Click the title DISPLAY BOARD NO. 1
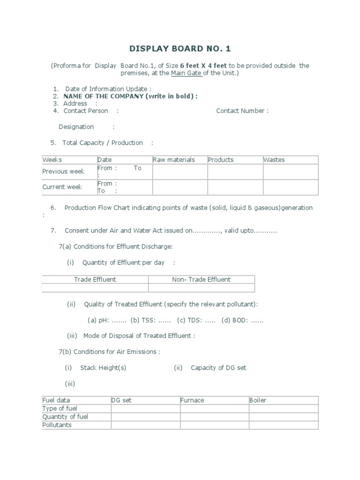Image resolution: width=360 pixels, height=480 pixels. (180, 49)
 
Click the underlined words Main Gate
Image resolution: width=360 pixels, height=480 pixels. (186, 74)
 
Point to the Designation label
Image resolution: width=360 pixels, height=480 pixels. (76, 127)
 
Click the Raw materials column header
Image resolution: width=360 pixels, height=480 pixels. (174, 160)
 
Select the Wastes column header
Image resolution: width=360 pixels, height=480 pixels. (274, 160)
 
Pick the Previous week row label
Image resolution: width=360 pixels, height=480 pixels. (64, 172)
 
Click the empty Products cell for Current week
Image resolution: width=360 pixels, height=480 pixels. (235, 187)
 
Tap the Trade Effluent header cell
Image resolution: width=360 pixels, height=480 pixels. (95, 280)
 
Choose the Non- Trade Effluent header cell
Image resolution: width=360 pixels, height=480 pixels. (201, 280)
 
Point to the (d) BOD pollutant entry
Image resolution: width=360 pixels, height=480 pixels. (242, 321)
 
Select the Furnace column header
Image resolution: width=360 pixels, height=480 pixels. (192, 400)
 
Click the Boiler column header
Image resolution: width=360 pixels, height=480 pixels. (258, 400)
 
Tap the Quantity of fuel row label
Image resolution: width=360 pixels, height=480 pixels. (65, 417)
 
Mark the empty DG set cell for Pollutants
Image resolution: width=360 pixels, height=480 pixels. (145, 425)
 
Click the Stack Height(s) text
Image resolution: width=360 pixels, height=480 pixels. (103, 368)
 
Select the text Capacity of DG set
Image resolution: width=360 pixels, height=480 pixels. (218, 368)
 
